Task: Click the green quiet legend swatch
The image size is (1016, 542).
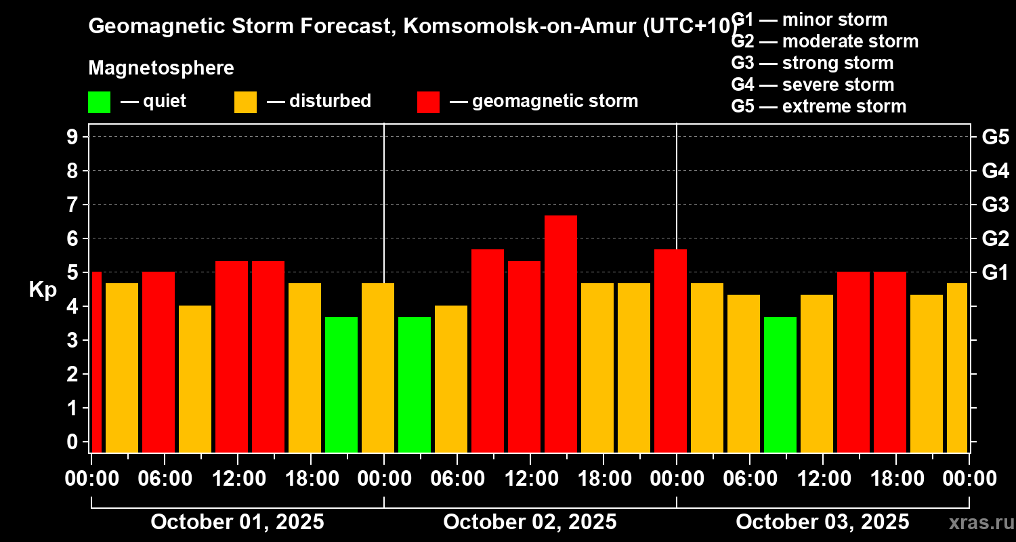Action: point(99,102)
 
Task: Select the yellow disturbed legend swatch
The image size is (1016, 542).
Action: point(245,102)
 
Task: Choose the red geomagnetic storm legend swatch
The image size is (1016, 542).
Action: point(428,102)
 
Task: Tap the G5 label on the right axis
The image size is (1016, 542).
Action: point(995,138)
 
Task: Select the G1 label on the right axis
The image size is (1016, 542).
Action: point(995,273)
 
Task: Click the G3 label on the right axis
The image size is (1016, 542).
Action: point(995,205)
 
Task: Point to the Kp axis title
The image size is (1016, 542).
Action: point(43,290)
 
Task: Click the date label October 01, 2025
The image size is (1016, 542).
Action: point(237,522)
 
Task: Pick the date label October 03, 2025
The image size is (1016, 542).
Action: point(822,522)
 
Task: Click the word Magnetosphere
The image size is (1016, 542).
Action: point(161,68)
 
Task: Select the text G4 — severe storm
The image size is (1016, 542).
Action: point(813,85)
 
